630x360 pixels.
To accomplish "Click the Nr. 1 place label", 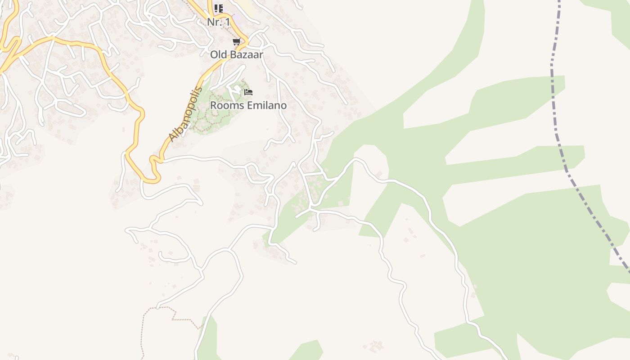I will (219, 22).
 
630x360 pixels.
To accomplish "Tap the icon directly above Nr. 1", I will (219, 8).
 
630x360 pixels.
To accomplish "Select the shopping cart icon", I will (236, 42).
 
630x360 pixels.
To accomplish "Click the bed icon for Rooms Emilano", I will (248, 92).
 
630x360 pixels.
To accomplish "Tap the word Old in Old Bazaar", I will (219, 55).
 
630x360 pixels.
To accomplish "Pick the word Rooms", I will (227, 105).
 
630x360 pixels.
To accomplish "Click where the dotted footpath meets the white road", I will (157, 308).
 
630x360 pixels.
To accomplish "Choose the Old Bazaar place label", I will (236, 55).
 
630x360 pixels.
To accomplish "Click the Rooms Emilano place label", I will (248, 105).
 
